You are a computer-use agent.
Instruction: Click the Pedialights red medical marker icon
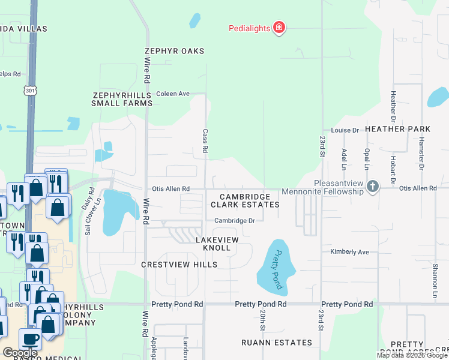[279, 28]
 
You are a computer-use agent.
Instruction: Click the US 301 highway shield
[30, 90]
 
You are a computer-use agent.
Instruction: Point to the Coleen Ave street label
[173, 94]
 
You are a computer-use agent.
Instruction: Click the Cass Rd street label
[205, 142]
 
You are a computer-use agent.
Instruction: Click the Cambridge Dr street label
[235, 221]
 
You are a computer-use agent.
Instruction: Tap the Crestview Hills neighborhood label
[179, 265]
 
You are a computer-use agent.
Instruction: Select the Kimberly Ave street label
[349, 251]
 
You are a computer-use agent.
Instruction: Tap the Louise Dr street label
[345, 130]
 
